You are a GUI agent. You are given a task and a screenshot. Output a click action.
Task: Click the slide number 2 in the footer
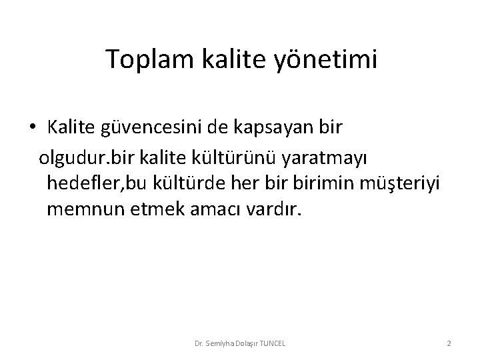point(449,343)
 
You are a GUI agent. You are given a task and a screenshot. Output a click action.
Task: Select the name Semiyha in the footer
point(213,343)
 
